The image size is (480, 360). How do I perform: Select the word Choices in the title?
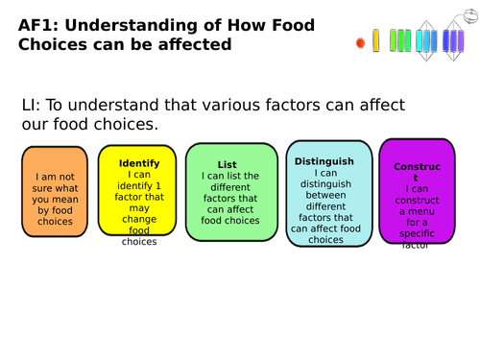(59, 44)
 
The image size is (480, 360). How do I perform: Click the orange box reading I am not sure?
(55, 192)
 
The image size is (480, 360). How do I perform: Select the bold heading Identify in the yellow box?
(139, 163)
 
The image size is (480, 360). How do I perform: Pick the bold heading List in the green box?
(227, 165)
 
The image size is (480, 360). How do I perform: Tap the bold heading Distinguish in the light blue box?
(324, 161)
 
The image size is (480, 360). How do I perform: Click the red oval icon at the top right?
(360, 43)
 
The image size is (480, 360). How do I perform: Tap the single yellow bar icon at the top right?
(375, 40)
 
